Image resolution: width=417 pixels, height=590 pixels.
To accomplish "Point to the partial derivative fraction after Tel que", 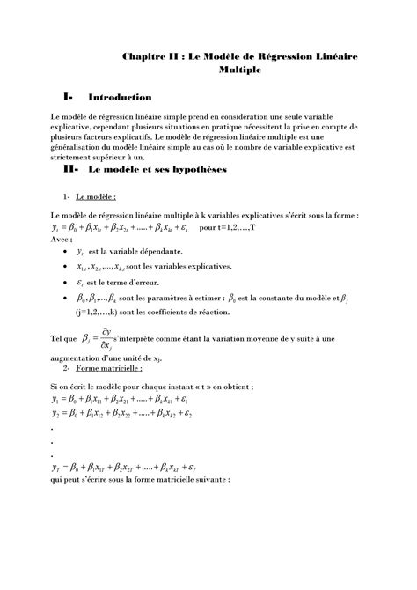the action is (x=108, y=337).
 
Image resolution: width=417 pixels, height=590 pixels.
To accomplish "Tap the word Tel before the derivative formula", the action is (x=58, y=337).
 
